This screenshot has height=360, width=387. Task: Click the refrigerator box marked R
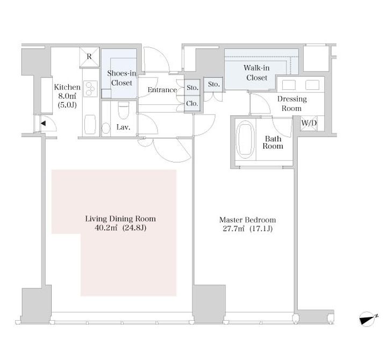[89, 57]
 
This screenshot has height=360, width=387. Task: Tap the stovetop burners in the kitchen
[90, 89]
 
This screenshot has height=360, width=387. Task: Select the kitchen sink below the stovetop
[90, 125]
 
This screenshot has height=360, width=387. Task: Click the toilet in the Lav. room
[124, 110]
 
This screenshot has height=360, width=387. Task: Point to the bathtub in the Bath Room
[245, 139]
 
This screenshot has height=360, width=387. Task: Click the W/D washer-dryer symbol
[309, 123]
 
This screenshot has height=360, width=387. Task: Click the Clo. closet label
[192, 103]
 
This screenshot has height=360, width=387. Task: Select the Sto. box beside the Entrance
[192, 88]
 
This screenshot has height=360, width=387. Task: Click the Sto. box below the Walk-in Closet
[213, 84]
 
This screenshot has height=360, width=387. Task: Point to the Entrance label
[162, 90]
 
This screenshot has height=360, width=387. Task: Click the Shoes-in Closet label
[121, 78]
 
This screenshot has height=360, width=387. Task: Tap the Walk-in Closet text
[257, 73]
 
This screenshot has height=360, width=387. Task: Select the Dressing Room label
[292, 103]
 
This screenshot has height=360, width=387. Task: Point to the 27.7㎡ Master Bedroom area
[233, 229]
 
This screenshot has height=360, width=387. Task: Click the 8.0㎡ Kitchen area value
[67, 96]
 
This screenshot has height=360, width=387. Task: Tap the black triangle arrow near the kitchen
[43, 123]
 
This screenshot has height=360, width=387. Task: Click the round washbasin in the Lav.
[106, 128]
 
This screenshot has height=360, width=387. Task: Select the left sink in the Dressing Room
[289, 85]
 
